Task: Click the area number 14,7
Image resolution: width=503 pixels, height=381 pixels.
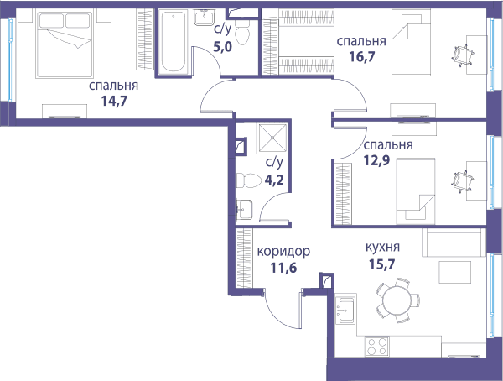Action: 114,102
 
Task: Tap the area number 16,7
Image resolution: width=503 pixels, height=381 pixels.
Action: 362,57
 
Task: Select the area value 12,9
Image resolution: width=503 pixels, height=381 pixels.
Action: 376,160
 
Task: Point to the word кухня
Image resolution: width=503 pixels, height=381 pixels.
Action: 383,247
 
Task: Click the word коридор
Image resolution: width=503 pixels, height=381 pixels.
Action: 283,252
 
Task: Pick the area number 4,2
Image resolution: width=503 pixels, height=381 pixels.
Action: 274,180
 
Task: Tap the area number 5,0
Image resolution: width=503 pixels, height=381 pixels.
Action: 223,47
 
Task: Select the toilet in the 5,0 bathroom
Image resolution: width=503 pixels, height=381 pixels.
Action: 242,33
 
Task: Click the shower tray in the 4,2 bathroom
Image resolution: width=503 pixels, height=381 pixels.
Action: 272,138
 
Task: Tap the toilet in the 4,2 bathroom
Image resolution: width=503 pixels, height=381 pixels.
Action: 249,180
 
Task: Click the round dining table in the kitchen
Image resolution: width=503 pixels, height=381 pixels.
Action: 397,300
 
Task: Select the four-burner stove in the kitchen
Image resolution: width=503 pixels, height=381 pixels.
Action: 377,347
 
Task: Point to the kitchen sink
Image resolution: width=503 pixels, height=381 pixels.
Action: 345,310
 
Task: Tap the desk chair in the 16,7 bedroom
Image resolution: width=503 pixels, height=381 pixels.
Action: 464,55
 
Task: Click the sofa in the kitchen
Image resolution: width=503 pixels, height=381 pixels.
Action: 454,243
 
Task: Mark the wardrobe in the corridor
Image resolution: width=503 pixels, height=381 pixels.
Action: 244,258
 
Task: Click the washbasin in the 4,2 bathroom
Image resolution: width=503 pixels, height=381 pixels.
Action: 245,210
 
